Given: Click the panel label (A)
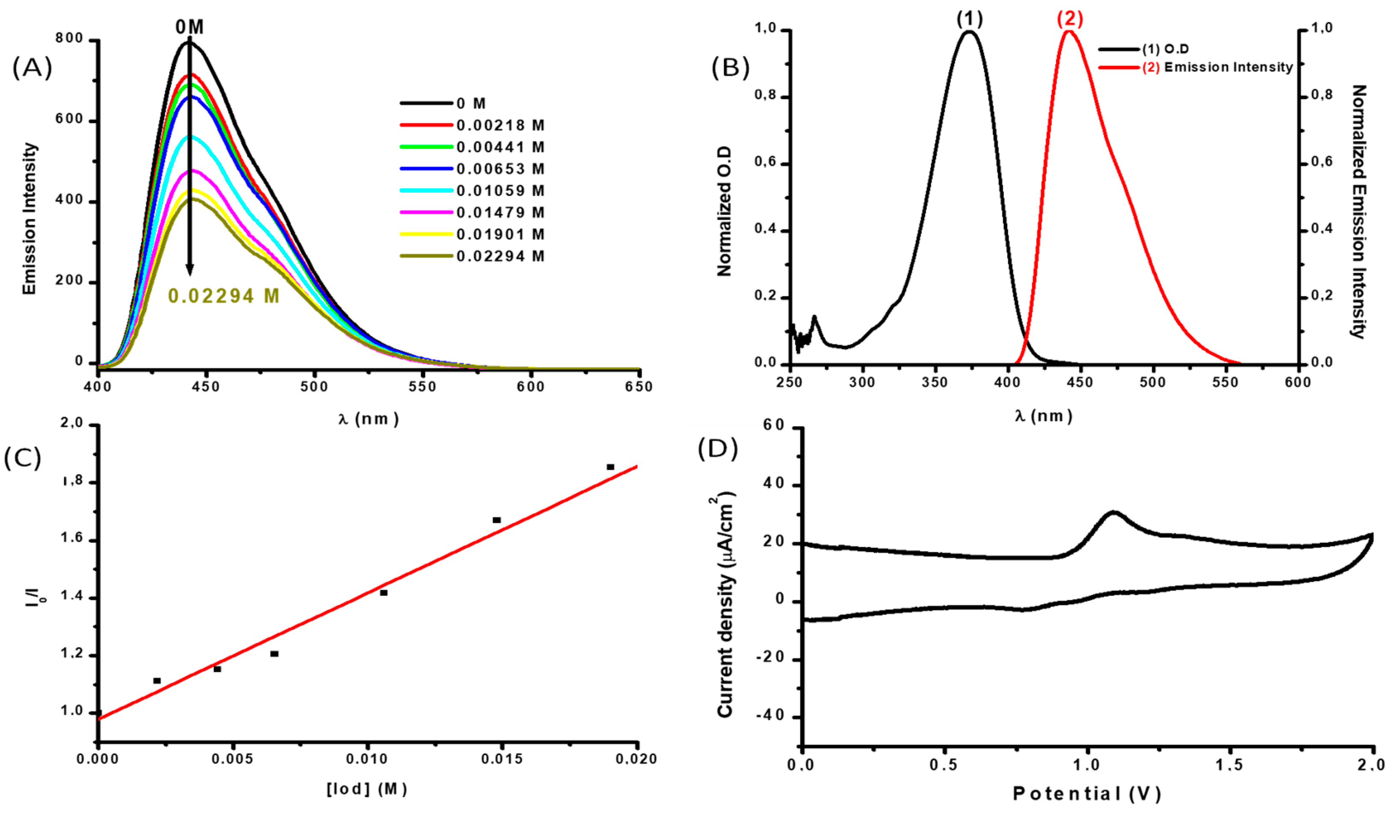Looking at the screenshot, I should click(x=32, y=68).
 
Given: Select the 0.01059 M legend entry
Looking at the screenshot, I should click(x=500, y=191).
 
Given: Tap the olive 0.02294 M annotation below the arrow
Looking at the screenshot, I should click(x=224, y=296).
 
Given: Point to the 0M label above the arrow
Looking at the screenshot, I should click(x=190, y=27).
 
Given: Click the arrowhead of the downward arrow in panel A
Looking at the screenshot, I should click(x=190, y=269).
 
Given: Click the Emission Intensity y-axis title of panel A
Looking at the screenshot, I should click(x=29, y=219).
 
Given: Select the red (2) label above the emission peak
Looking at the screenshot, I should click(x=1069, y=19).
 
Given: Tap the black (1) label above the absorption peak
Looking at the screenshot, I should click(x=969, y=19).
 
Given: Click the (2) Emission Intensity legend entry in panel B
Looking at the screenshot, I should click(x=1217, y=67).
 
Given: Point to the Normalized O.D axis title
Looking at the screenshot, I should click(x=723, y=211).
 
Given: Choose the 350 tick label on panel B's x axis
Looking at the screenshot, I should click(x=934, y=382).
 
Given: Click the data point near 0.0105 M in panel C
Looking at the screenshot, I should click(x=383, y=593).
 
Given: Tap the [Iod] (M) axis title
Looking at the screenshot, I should click(x=367, y=789).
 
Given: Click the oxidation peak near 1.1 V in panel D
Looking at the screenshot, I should click(x=1113, y=513).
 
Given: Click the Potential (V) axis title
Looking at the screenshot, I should click(x=1087, y=794).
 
